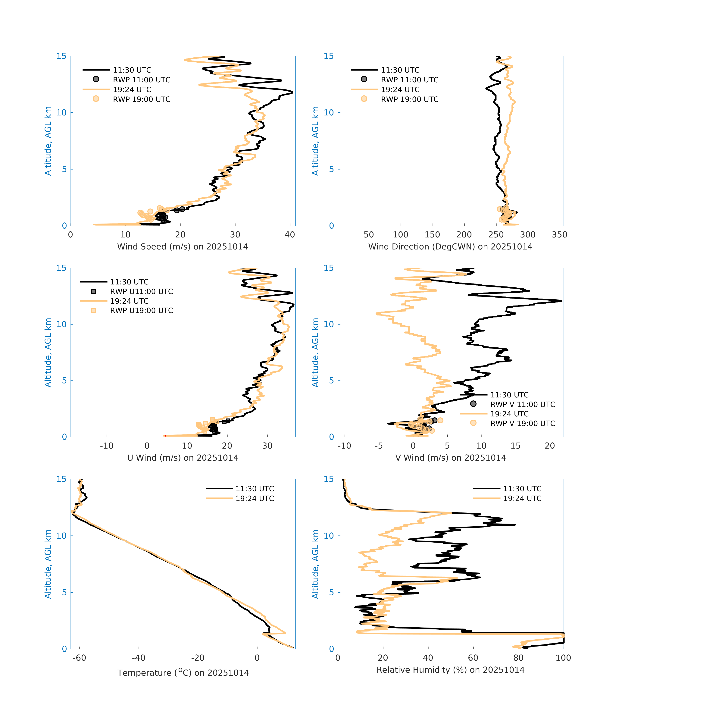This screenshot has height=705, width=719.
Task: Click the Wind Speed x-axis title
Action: coord(183,247)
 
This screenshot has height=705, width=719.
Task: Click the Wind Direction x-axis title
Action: coord(450,247)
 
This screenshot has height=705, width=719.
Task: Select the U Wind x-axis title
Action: coord(183,458)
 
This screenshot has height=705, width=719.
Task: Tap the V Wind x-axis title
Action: coord(450,458)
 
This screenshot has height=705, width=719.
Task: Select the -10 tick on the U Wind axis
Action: coord(107,446)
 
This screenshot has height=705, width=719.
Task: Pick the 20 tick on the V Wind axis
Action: coord(550,446)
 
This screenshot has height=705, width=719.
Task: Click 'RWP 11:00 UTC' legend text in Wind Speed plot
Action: coord(141,80)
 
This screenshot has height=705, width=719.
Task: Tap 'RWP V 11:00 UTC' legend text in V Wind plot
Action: coord(522,404)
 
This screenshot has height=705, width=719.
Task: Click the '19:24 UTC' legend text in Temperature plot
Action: coord(255,498)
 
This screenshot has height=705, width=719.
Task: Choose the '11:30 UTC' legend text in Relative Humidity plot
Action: coord(522,489)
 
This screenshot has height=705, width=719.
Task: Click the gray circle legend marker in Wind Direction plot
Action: coord(364,79)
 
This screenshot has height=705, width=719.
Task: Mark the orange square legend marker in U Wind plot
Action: coord(94,310)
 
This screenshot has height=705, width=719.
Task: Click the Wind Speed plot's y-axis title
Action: coord(48,141)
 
